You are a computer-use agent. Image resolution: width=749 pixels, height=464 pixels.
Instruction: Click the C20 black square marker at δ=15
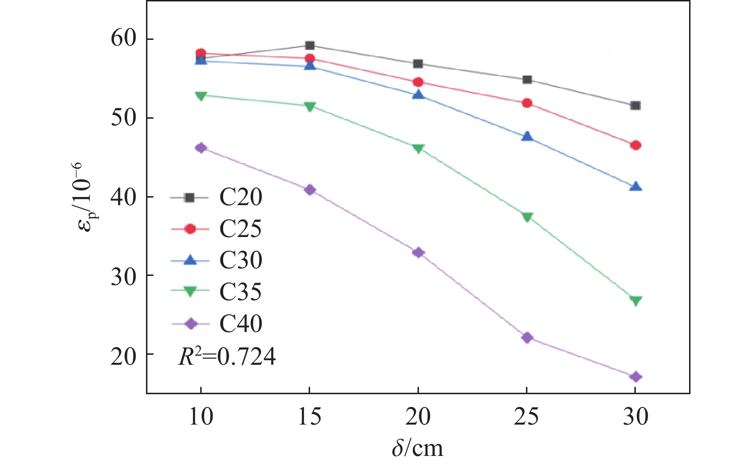310,46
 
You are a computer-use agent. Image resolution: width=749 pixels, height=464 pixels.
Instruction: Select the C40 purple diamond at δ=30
635,377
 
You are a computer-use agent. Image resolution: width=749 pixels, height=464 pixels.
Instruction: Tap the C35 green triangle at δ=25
527,217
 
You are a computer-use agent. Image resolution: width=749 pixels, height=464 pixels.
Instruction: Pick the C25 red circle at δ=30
635,145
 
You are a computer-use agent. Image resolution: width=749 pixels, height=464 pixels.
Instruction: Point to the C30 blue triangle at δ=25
527,137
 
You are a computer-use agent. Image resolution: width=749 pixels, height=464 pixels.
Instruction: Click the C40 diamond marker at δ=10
201,148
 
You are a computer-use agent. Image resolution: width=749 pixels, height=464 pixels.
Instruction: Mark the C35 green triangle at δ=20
418,149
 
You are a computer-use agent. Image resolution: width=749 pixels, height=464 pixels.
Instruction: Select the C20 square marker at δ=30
635,105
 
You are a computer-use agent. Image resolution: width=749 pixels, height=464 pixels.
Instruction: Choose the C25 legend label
240,229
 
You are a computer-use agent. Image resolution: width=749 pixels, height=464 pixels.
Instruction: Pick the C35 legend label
240,292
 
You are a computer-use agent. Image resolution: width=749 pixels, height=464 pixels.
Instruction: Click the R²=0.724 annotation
227,357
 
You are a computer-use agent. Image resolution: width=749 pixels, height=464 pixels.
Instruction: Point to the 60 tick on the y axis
123,39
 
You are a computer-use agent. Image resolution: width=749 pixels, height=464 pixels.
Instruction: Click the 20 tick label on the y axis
123,354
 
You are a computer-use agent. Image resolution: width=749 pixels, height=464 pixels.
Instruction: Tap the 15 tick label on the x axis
310,417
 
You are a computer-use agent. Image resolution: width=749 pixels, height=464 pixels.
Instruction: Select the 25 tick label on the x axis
527,417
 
